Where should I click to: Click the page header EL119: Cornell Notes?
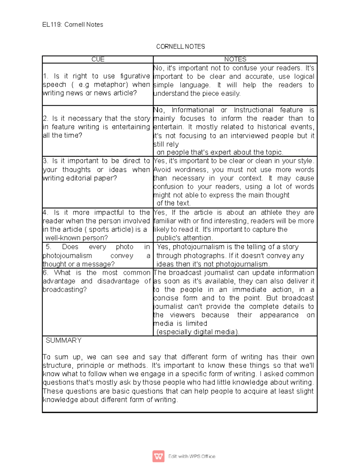coord(73,25)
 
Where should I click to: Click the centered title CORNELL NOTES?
coord(180,47)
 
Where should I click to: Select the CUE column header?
coord(98,59)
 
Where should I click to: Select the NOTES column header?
coord(235,59)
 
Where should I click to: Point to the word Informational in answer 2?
coord(193,110)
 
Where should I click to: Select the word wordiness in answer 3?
coord(192,170)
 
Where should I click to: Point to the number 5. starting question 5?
coord(49,247)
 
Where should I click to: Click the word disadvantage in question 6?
coord(118,281)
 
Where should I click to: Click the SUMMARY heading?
coord(63,341)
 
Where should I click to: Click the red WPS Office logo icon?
coord(158,456)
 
